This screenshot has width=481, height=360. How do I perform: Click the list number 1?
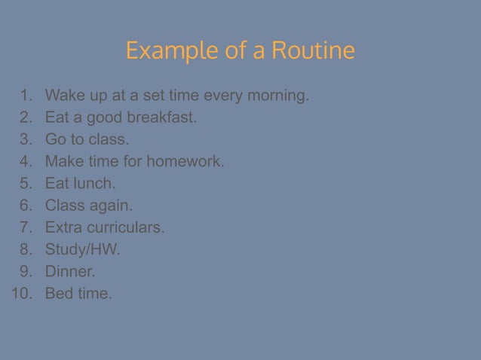[x=27, y=96]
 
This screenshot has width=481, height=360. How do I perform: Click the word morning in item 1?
[x=278, y=96]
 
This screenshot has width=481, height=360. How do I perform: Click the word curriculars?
[x=127, y=228]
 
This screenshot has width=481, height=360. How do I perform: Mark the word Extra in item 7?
[x=63, y=228]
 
